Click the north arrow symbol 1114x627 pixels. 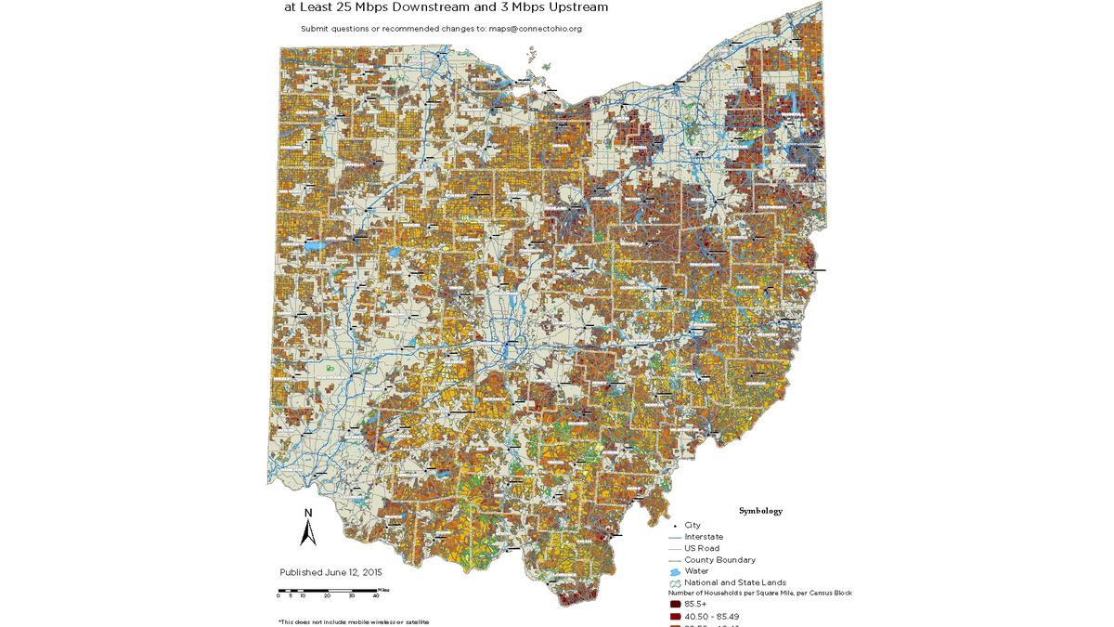coord(308,533)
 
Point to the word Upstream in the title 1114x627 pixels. coord(574,7)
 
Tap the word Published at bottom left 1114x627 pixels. coord(302,572)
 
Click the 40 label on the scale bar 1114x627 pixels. coord(375,596)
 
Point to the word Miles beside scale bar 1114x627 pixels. coord(383,590)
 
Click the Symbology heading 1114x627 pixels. coord(760,511)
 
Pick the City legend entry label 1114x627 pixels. coord(693,525)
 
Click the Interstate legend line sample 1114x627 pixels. coord(674,537)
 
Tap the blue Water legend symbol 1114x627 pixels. coord(675,571)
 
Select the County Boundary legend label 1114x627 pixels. coord(719,560)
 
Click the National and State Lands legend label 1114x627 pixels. coord(735,582)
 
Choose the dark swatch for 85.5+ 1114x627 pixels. coord(675,604)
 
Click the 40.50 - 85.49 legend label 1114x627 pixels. coord(712,616)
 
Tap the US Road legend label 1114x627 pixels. coord(701,548)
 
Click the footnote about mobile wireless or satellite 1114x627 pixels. coord(353,621)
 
